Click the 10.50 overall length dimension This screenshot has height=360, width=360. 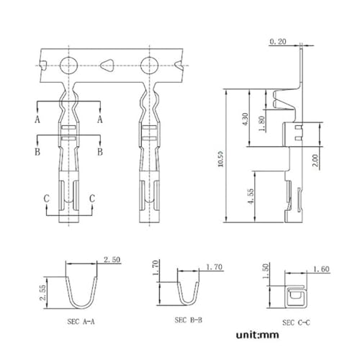pos(220,159)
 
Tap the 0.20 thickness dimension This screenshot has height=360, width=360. pos(278,42)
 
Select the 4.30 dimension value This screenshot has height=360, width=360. pos(246,120)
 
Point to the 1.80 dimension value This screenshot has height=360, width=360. pos(262,124)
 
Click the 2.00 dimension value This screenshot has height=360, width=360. pos(315,161)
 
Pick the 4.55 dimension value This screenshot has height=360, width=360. pos(251,196)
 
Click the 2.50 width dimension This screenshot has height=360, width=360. pos(112,260)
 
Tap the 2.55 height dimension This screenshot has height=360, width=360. pos(43,293)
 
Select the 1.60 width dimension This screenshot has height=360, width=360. pos(321,269)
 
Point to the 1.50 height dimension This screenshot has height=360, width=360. pos(266,271)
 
